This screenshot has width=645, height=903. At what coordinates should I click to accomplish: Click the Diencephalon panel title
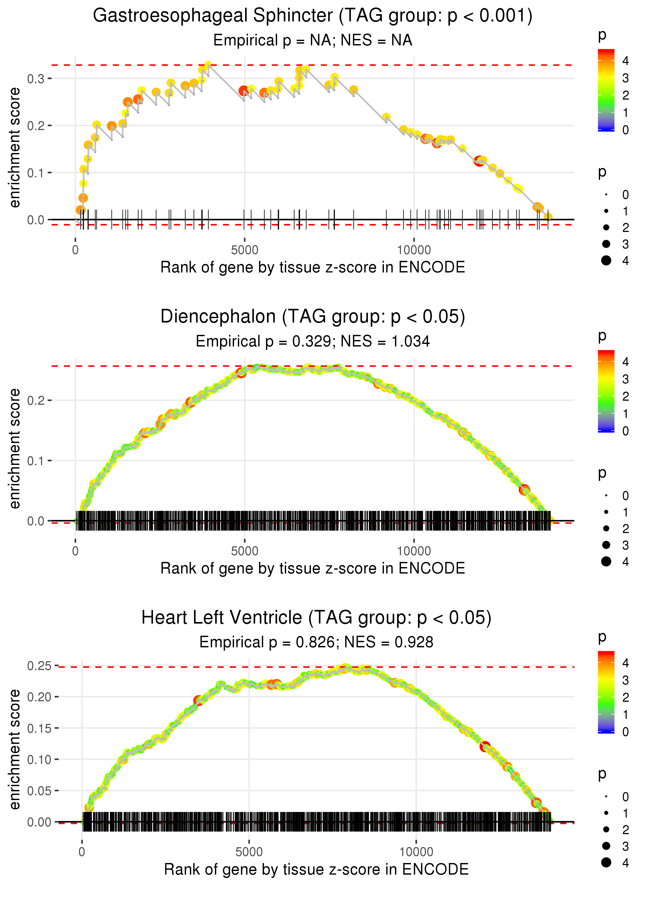313,317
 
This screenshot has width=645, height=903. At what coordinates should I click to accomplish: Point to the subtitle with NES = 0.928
316,642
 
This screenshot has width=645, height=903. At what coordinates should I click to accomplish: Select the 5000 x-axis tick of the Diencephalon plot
244,551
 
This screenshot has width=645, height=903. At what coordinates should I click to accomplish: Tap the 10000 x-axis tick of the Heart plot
416,852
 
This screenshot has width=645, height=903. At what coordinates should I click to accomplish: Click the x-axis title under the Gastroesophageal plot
313,267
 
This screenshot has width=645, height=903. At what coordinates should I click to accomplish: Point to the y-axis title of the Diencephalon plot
15,448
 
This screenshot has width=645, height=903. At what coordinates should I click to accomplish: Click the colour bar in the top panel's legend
606,90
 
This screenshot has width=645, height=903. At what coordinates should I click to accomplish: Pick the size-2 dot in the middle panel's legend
606,528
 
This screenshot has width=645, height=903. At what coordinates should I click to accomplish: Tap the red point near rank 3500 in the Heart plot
198,700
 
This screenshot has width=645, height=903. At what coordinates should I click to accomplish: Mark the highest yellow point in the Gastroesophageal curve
208,65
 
